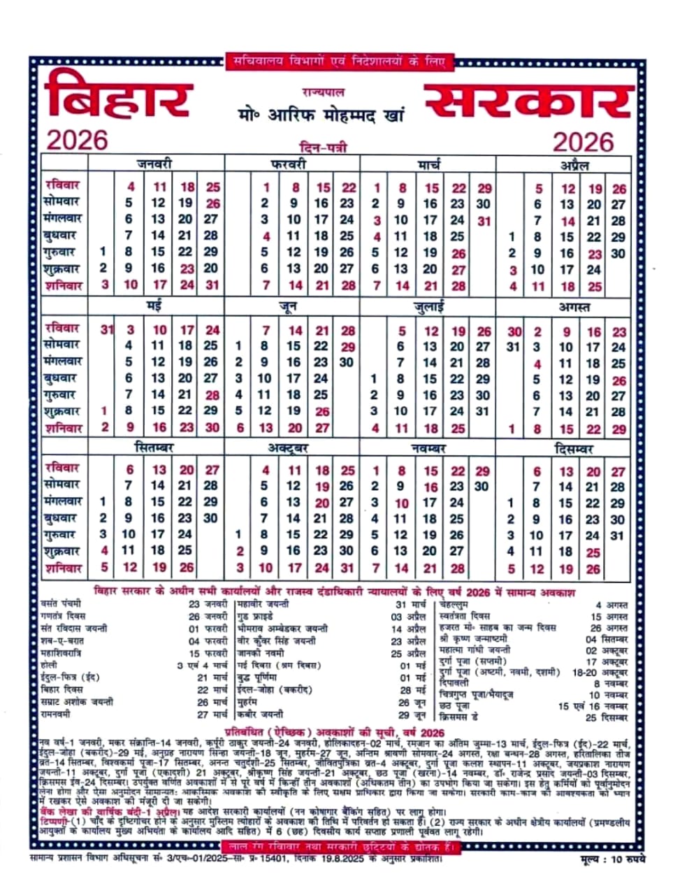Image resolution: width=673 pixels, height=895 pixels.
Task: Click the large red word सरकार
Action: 529,101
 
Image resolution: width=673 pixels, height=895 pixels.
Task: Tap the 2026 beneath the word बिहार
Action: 77,140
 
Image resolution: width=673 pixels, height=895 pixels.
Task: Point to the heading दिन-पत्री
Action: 322,147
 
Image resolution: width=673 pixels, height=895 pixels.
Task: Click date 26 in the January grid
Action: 212,203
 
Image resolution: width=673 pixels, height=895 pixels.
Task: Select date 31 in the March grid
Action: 484,221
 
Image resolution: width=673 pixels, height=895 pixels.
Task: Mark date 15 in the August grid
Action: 567,429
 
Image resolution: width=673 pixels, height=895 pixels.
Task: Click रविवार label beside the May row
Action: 62,328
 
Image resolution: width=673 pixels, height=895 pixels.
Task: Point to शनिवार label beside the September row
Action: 62,568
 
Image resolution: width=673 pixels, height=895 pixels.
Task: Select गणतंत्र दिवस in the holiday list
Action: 62,617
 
